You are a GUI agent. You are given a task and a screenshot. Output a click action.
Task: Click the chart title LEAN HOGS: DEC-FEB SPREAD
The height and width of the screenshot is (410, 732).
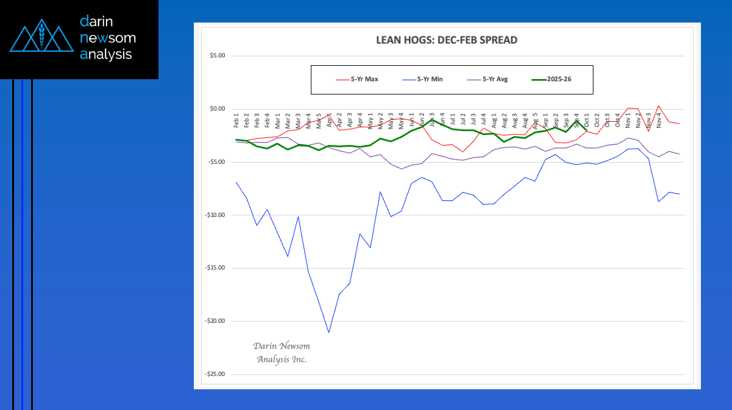(x=447, y=41)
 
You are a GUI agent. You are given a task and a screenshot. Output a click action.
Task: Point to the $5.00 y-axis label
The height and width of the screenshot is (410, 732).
(x=217, y=55)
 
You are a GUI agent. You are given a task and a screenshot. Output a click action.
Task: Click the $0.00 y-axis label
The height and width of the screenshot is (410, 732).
(x=217, y=108)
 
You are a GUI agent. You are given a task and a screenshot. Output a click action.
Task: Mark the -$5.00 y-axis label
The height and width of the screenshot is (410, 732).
(x=216, y=162)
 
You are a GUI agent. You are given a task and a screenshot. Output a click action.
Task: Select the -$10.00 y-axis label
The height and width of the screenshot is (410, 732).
(x=215, y=215)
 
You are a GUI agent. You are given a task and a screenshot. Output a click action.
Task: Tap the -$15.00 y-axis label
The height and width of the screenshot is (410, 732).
(x=215, y=268)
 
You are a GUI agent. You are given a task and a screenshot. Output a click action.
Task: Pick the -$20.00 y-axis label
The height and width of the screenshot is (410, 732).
(x=215, y=321)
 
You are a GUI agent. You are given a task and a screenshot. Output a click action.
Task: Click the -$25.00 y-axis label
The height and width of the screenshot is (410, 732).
(x=215, y=374)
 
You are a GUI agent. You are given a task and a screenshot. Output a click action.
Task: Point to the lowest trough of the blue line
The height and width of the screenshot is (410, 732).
(x=329, y=332)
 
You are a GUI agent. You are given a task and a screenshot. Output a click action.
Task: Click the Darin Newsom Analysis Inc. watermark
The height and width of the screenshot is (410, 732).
(x=282, y=353)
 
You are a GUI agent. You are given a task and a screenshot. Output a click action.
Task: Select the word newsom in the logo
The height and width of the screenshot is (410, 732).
(x=108, y=38)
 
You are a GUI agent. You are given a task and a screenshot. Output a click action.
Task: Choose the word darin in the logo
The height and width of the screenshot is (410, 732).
(x=98, y=23)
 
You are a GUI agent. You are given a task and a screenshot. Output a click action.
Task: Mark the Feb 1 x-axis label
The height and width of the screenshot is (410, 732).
(x=236, y=121)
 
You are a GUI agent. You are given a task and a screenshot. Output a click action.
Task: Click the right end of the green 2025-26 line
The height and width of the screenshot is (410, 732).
(x=586, y=130)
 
